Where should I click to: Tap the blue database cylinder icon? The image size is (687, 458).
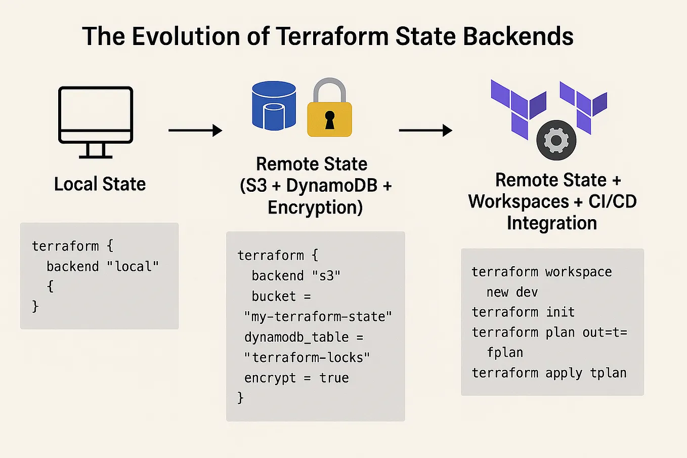(274, 106)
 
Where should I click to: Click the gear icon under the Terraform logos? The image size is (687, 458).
(556, 140)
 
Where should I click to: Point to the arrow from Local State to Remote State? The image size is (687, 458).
(195, 131)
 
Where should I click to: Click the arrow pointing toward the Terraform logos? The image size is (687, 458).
(425, 131)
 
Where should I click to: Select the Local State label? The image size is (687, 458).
(100, 184)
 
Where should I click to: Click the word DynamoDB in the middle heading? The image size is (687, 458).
(332, 186)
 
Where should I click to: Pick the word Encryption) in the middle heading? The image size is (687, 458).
(315, 207)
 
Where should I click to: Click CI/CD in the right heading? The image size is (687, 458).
(612, 201)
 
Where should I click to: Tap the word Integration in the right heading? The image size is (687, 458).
(552, 223)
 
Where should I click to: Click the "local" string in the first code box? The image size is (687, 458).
(133, 267)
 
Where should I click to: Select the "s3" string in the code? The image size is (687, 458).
(326, 276)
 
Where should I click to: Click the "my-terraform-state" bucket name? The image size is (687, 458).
(318, 317)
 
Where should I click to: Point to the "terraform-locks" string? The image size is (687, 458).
(307, 358)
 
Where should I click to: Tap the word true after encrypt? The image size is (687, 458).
(334, 378)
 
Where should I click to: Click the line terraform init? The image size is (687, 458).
(523, 312)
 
